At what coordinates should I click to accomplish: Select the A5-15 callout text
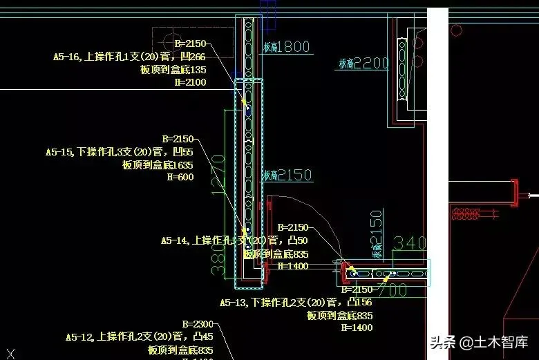pos(119,152)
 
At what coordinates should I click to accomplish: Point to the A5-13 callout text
pos(296,303)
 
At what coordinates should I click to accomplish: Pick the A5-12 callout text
pos(139,337)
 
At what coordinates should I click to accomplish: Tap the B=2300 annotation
pos(197,324)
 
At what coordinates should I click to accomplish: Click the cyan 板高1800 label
pos(286,47)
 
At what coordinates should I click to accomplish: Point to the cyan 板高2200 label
pos(363,64)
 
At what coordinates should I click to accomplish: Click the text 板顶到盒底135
pos(173,70)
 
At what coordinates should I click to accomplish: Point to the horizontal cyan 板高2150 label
pos(287,176)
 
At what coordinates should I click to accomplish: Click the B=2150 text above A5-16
pos(190,44)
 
